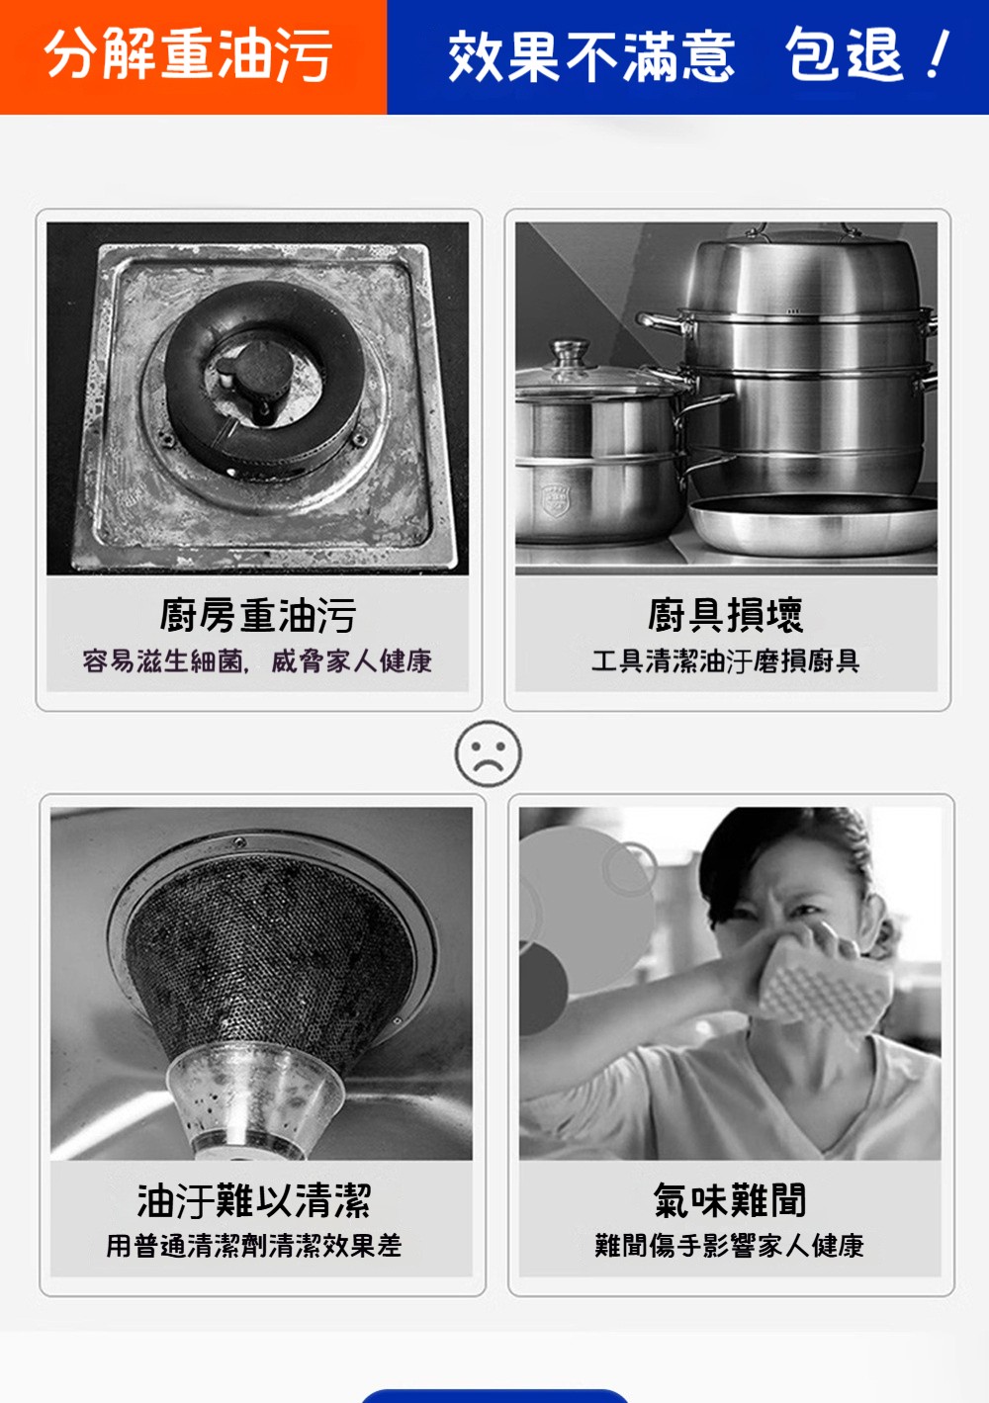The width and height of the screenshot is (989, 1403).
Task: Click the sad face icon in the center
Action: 488,754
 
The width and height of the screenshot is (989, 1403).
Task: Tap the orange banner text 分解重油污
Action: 188,55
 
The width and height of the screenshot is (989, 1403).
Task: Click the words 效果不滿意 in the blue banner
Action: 591,56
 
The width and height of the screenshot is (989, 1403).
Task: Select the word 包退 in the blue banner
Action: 844,54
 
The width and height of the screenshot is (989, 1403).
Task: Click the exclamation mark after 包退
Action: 939,53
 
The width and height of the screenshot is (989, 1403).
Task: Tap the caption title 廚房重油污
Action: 258,615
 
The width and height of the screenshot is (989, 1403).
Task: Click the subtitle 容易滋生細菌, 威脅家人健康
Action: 257,661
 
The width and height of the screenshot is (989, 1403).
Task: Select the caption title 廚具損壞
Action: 725,615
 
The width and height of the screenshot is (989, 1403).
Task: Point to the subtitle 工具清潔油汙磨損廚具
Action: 725,661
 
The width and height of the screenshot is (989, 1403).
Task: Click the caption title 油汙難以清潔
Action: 254,1201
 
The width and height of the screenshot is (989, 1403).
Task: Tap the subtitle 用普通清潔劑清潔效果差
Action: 253,1246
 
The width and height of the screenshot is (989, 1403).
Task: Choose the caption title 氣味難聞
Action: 730,1201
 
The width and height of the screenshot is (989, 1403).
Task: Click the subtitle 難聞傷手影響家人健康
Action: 730,1246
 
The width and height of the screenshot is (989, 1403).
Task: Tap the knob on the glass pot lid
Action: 570,352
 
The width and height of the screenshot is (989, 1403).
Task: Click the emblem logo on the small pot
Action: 556,498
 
